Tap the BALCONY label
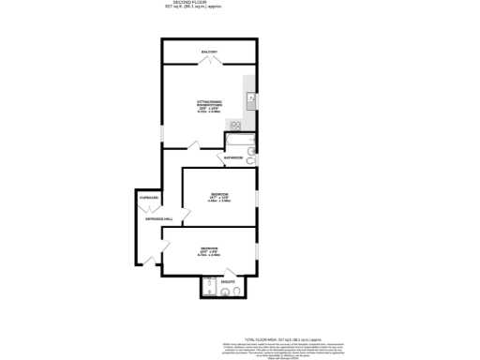208,52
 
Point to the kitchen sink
251,97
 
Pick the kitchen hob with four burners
238,125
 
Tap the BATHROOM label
233,158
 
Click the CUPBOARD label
148,199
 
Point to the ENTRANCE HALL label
145,219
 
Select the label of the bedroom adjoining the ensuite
209,248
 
